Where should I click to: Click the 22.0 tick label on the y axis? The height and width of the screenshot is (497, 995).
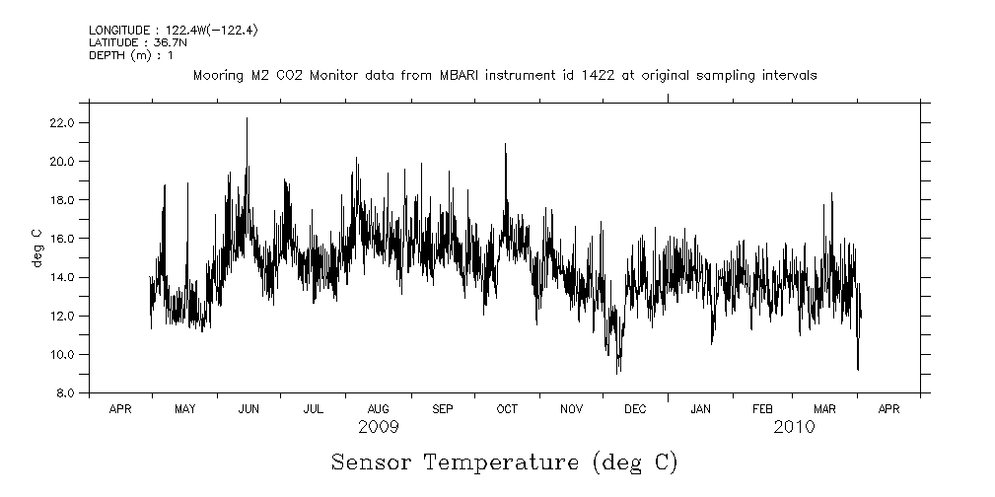(63, 122)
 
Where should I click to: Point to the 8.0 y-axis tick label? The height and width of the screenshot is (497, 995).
(65, 393)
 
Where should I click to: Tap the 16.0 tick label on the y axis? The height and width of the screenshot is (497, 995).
(63, 239)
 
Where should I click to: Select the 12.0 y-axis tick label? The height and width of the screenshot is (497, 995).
(63, 316)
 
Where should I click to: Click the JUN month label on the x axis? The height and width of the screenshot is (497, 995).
(249, 408)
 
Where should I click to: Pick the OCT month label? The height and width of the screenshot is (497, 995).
(507, 408)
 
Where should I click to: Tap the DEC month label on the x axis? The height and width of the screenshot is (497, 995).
(636, 408)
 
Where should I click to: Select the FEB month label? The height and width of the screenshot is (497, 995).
(763, 408)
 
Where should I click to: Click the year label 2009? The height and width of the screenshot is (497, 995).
(379, 428)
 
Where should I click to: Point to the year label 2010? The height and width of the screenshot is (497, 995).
(794, 428)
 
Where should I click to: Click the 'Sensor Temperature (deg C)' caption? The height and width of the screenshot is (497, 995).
(504, 461)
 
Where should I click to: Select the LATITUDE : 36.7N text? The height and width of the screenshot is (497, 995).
(137, 43)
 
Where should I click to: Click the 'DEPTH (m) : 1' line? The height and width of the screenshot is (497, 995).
(131, 55)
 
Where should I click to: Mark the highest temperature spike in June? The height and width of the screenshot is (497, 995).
(247, 118)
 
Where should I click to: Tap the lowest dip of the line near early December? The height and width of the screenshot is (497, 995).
(617, 372)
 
